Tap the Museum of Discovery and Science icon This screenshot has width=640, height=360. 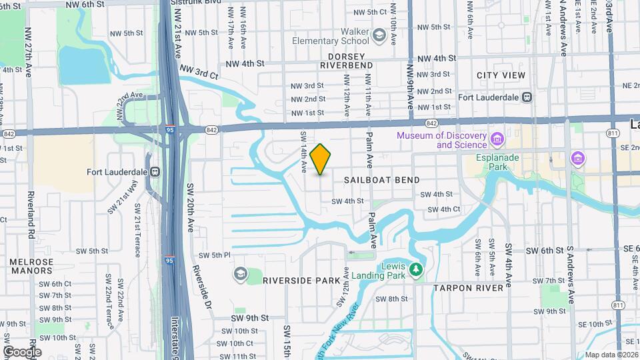coord(497,139)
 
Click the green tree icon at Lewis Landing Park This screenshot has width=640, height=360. coord(417,270)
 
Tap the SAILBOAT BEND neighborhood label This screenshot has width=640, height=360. coord(382,180)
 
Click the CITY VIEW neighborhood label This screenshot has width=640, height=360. coord(501,75)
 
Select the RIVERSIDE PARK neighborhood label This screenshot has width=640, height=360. coord(301,281)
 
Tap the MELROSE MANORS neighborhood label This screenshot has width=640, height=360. coord(31,266)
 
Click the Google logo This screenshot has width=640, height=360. coord(22,351)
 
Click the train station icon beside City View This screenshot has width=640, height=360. coord(527,97)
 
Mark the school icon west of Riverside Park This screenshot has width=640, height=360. coord(239,274)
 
